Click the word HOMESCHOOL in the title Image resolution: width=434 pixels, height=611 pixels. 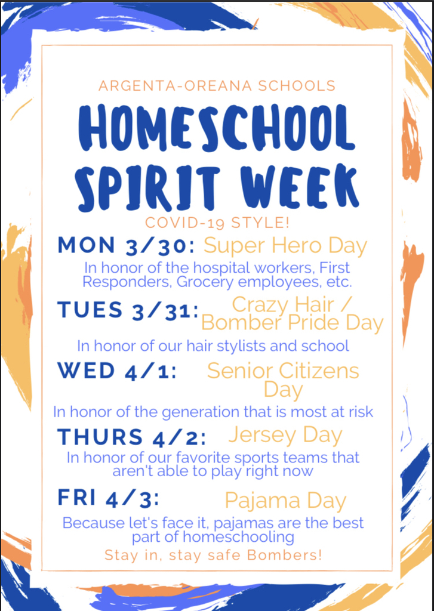point(217,129)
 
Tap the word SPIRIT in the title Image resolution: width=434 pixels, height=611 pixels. point(147,187)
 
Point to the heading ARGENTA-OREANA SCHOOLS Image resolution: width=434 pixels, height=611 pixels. point(217,85)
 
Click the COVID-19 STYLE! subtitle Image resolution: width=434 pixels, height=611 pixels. point(217,223)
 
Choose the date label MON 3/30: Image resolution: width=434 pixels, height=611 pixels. point(127,246)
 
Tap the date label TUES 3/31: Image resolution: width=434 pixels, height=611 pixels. point(128,310)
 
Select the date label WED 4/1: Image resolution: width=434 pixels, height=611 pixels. point(118,371)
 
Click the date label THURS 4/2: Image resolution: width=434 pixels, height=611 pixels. point(132,437)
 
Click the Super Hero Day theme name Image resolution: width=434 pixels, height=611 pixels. point(285,246)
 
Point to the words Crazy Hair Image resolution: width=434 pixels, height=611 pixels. point(283,304)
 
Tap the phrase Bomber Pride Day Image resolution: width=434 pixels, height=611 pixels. point(293,323)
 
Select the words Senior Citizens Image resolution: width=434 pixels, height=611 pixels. point(283,371)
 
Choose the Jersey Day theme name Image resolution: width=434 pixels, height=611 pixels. point(285,436)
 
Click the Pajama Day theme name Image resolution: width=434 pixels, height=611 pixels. point(286,501)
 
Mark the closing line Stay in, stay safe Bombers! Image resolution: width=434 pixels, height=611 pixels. point(213,555)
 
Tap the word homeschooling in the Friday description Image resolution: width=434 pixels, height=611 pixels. point(239,538)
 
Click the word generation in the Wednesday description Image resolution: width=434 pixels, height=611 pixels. point(201,412)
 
